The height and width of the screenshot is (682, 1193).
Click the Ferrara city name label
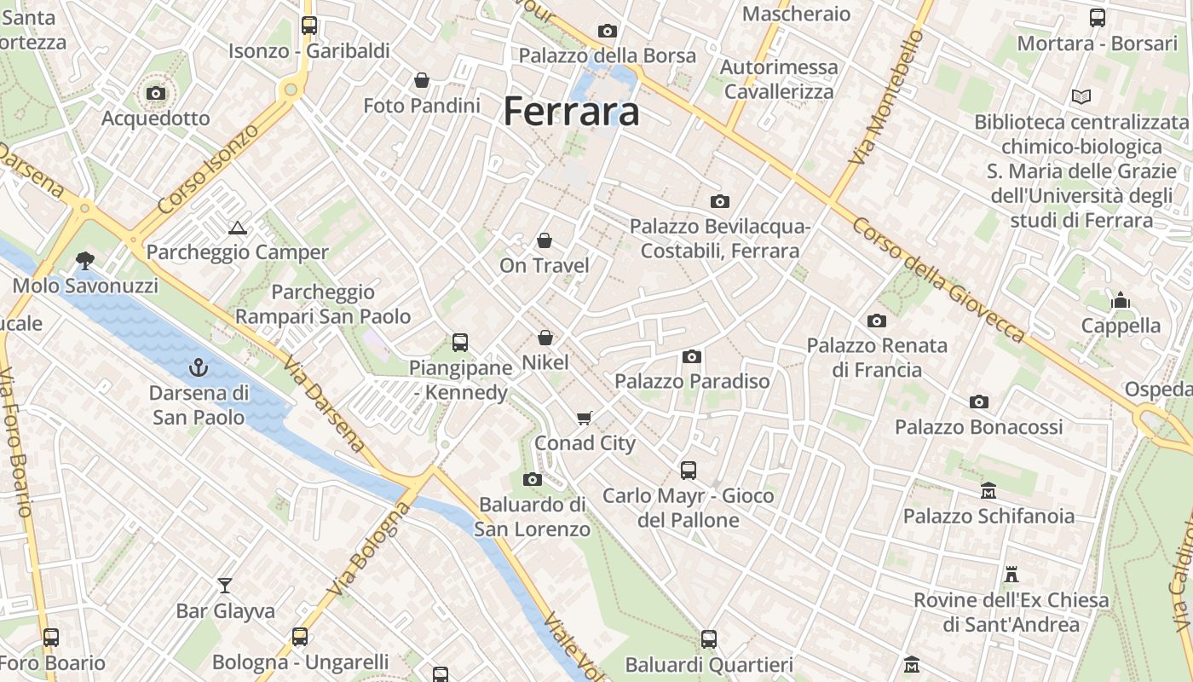(571, 112)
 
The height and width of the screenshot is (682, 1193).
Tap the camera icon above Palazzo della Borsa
(607, 32)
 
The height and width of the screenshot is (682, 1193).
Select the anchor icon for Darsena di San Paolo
(199, 368)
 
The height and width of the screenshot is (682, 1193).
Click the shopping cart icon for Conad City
(585, 418)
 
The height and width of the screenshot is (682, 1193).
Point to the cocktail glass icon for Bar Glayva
(225, 586)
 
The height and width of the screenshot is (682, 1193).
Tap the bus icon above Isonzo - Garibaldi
(308, 26)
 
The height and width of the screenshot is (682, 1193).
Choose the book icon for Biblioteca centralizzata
(1081, 97)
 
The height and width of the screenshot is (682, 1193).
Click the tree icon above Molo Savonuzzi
(84, 260)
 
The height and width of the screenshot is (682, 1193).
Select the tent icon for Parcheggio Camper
(237, 228)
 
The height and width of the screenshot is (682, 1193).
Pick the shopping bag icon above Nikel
(545, 338)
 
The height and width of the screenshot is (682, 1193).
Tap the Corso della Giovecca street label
(938, 280)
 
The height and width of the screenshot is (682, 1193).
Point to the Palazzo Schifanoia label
(988, 516)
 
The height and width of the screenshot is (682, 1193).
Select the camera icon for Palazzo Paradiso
(692, 356)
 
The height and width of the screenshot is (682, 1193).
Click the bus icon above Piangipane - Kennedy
(460, 343)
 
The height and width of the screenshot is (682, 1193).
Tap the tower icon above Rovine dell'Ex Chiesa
(1011, 574)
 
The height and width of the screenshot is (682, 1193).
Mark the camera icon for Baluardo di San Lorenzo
(533, 480)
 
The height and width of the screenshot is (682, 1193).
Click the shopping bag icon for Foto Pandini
(421, 80)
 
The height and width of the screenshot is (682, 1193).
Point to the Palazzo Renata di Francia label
(877, 357)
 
